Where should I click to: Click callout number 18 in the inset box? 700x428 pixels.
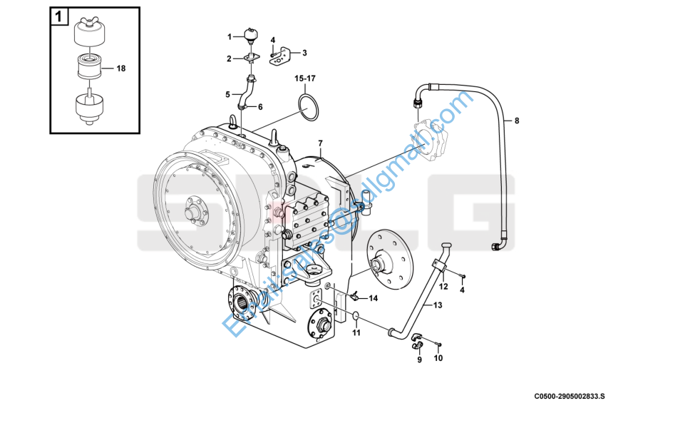tap(120, 68)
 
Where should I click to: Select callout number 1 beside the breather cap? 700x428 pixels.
tap(230, 36)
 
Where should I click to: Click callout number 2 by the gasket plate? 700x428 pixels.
tap(230, 58)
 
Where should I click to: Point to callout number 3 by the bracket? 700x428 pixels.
tap(304, 53)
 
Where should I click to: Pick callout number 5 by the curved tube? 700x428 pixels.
tap(228, 93)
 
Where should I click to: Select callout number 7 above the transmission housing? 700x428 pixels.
tap(321, 144)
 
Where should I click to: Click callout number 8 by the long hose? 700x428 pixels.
tap(517, 121)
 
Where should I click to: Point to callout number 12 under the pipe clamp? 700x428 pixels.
tap(443, 287)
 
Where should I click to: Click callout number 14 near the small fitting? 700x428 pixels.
tap(373, 297)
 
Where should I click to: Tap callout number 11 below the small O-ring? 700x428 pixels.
tap(356, 332)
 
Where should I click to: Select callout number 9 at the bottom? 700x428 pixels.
tap(419, 360)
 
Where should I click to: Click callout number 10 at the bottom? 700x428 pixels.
tap(438, 358)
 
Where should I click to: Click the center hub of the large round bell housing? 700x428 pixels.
tap(192, 212)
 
